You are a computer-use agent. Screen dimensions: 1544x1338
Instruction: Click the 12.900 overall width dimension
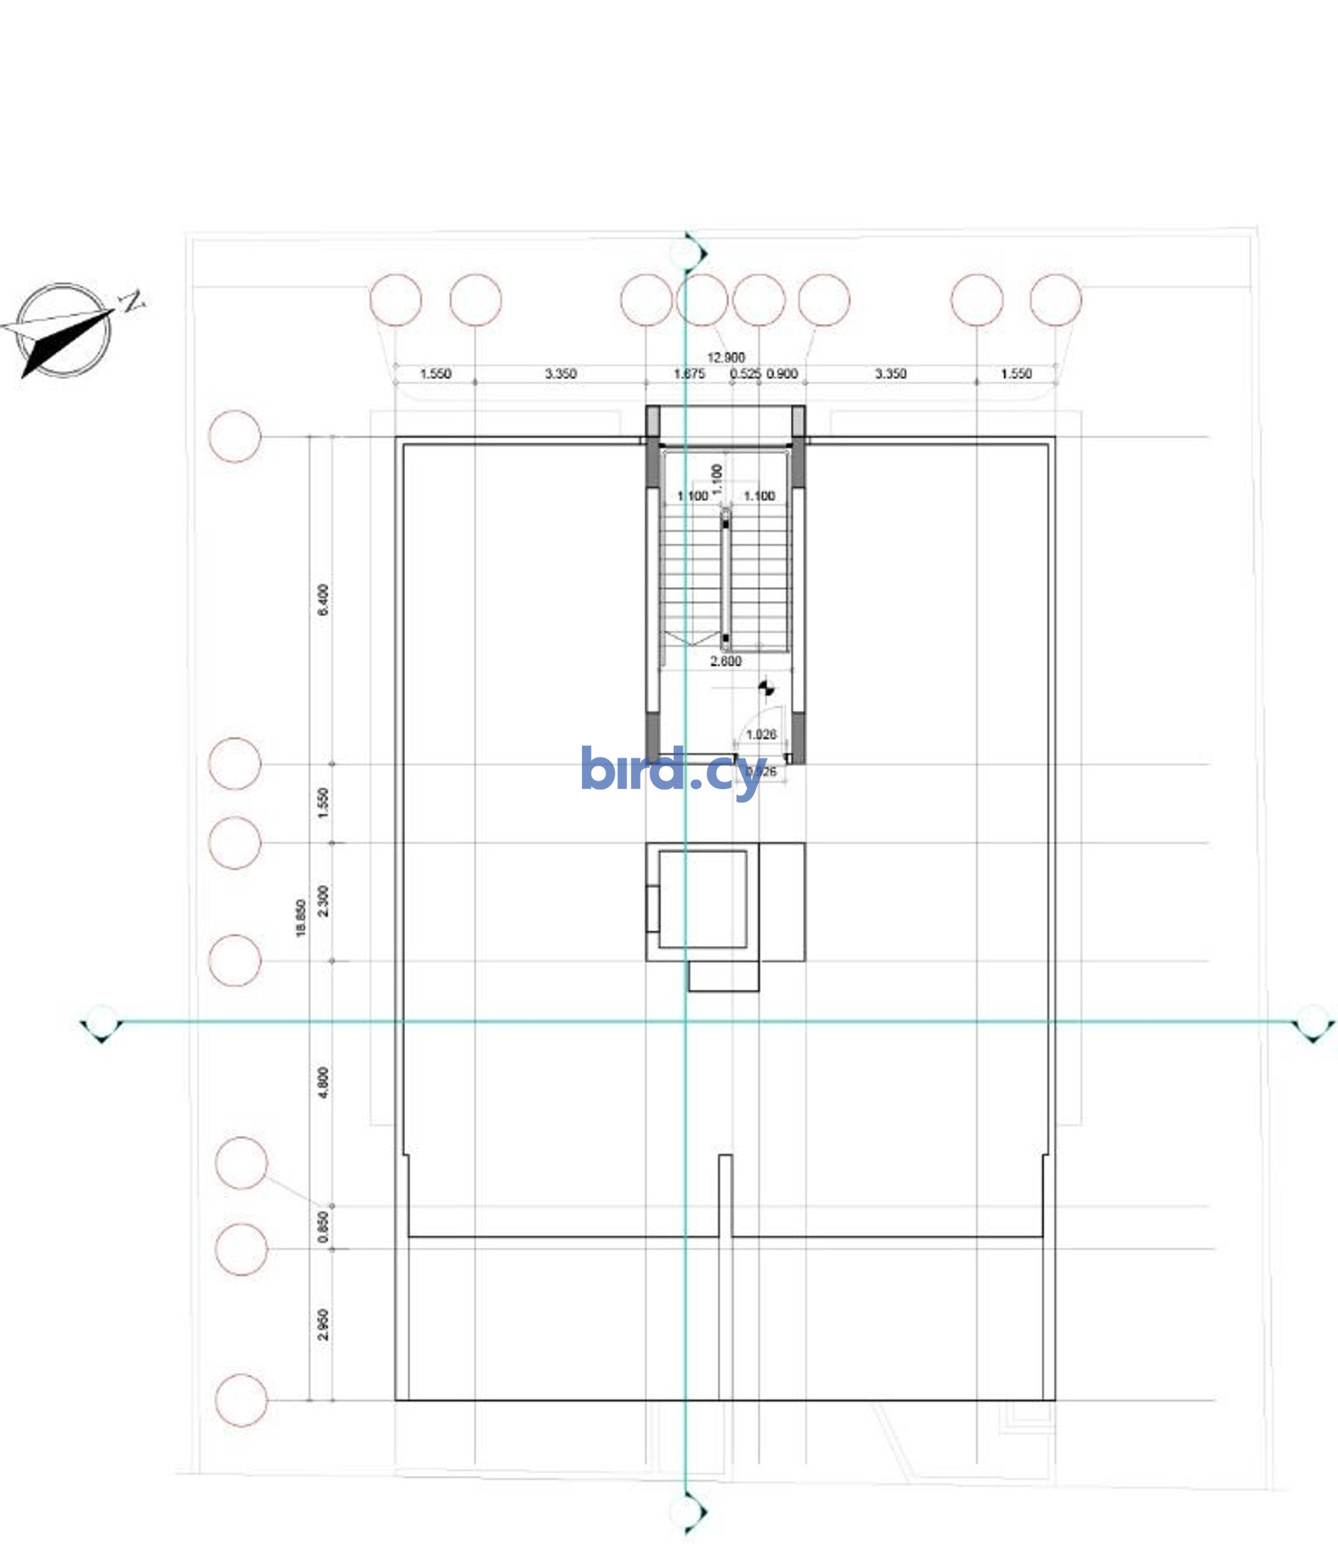pyautogui.click(x=725, y=358)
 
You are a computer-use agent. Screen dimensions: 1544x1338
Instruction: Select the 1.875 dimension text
pyautogui.click(x=689, y=374)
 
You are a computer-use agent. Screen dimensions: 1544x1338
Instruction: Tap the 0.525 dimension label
pyautogui.click(x=744, y=374)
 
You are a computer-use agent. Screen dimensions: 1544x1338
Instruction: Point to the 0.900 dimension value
pyautogui.click(x=782, y=374)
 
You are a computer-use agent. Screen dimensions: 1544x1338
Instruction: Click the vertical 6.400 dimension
pyautogui.click(x=323, y=599)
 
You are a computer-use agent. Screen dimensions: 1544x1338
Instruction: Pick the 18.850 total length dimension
pyautogui.click(x=301, y=918)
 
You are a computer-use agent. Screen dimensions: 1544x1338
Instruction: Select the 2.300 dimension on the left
pyautogui.click(x=323, y=901)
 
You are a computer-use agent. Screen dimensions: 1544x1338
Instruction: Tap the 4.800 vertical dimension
pyautogui.click(x=323, y=1083)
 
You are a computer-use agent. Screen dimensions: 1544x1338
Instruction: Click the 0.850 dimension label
pyautogui.click(x=323, y=1227)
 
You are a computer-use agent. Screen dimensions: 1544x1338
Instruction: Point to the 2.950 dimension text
pyautogui.click(x=323, y=1324)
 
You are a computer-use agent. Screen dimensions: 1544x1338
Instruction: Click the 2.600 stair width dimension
pyautogui.click(x=725, y=661)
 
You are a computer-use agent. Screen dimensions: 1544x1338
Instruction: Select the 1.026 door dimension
pyautogui.click(x=761, y=734)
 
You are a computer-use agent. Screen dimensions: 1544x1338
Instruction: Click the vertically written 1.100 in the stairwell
pyautogui.click(x=717, y=479)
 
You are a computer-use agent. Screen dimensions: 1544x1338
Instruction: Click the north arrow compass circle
pyautogui.click(x=63, y=330)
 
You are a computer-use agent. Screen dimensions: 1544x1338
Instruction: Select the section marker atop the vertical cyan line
pyautogui.click(x=687, y=254)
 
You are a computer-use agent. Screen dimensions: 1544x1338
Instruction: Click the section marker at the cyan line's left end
pyautogui.click(x=102, y=1022)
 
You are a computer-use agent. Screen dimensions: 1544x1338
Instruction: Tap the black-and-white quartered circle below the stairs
pyautogui.click(x=765, y=688)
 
